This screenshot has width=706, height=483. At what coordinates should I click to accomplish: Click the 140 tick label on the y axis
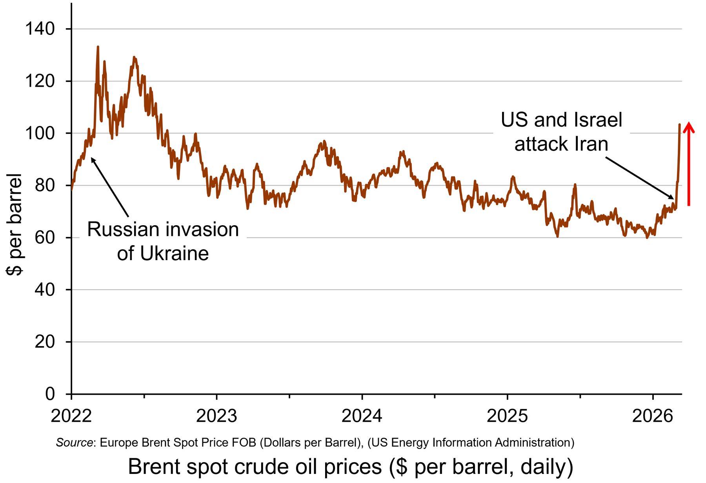[40, 29]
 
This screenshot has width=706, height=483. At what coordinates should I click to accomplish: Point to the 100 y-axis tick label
[40, 133]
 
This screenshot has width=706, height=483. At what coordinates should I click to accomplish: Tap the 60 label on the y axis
[45, 237]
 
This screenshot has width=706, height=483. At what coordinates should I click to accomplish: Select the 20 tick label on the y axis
[45, 342]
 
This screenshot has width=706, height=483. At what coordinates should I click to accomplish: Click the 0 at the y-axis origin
[50, 394]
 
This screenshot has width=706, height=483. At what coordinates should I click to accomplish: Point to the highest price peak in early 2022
[98, 47]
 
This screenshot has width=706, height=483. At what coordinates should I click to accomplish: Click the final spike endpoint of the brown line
[679, 125]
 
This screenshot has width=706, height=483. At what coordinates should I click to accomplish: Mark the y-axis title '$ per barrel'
[14, 224]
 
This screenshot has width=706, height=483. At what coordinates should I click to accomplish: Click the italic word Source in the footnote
[75, 443]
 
